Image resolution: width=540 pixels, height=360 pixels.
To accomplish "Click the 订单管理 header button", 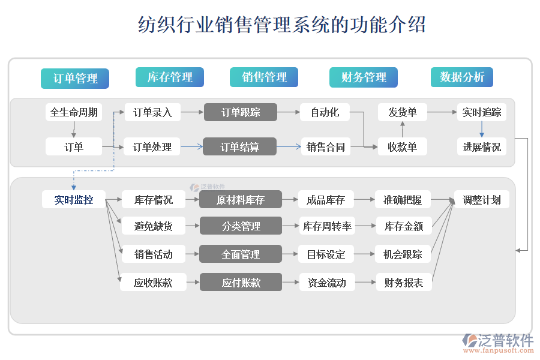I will tap(75, 78).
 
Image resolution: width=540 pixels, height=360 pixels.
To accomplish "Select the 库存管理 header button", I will tap(170, 77).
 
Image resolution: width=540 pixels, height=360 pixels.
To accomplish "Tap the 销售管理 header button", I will tap(264, 77).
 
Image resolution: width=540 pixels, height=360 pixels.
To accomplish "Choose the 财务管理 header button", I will tap(364, 77).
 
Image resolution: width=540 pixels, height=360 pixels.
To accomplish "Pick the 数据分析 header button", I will tap(461, 77).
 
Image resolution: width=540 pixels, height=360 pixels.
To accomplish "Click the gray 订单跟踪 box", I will tap(241, 112).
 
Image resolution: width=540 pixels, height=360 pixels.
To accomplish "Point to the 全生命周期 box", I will tap(74, 112).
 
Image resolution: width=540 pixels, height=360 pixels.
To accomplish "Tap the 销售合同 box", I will tap(326, 146).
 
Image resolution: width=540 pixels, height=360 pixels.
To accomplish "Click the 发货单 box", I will tap(403, 112).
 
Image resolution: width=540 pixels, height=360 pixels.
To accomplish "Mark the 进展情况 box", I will tap(481, 146).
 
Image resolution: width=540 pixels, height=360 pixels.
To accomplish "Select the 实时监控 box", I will tap(74, 200).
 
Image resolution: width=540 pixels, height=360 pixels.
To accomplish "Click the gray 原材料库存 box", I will tap(241, 200).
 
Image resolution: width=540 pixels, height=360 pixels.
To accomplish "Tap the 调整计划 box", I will tap(482, 200).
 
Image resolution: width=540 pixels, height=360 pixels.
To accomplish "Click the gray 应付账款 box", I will tap(241, 282).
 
